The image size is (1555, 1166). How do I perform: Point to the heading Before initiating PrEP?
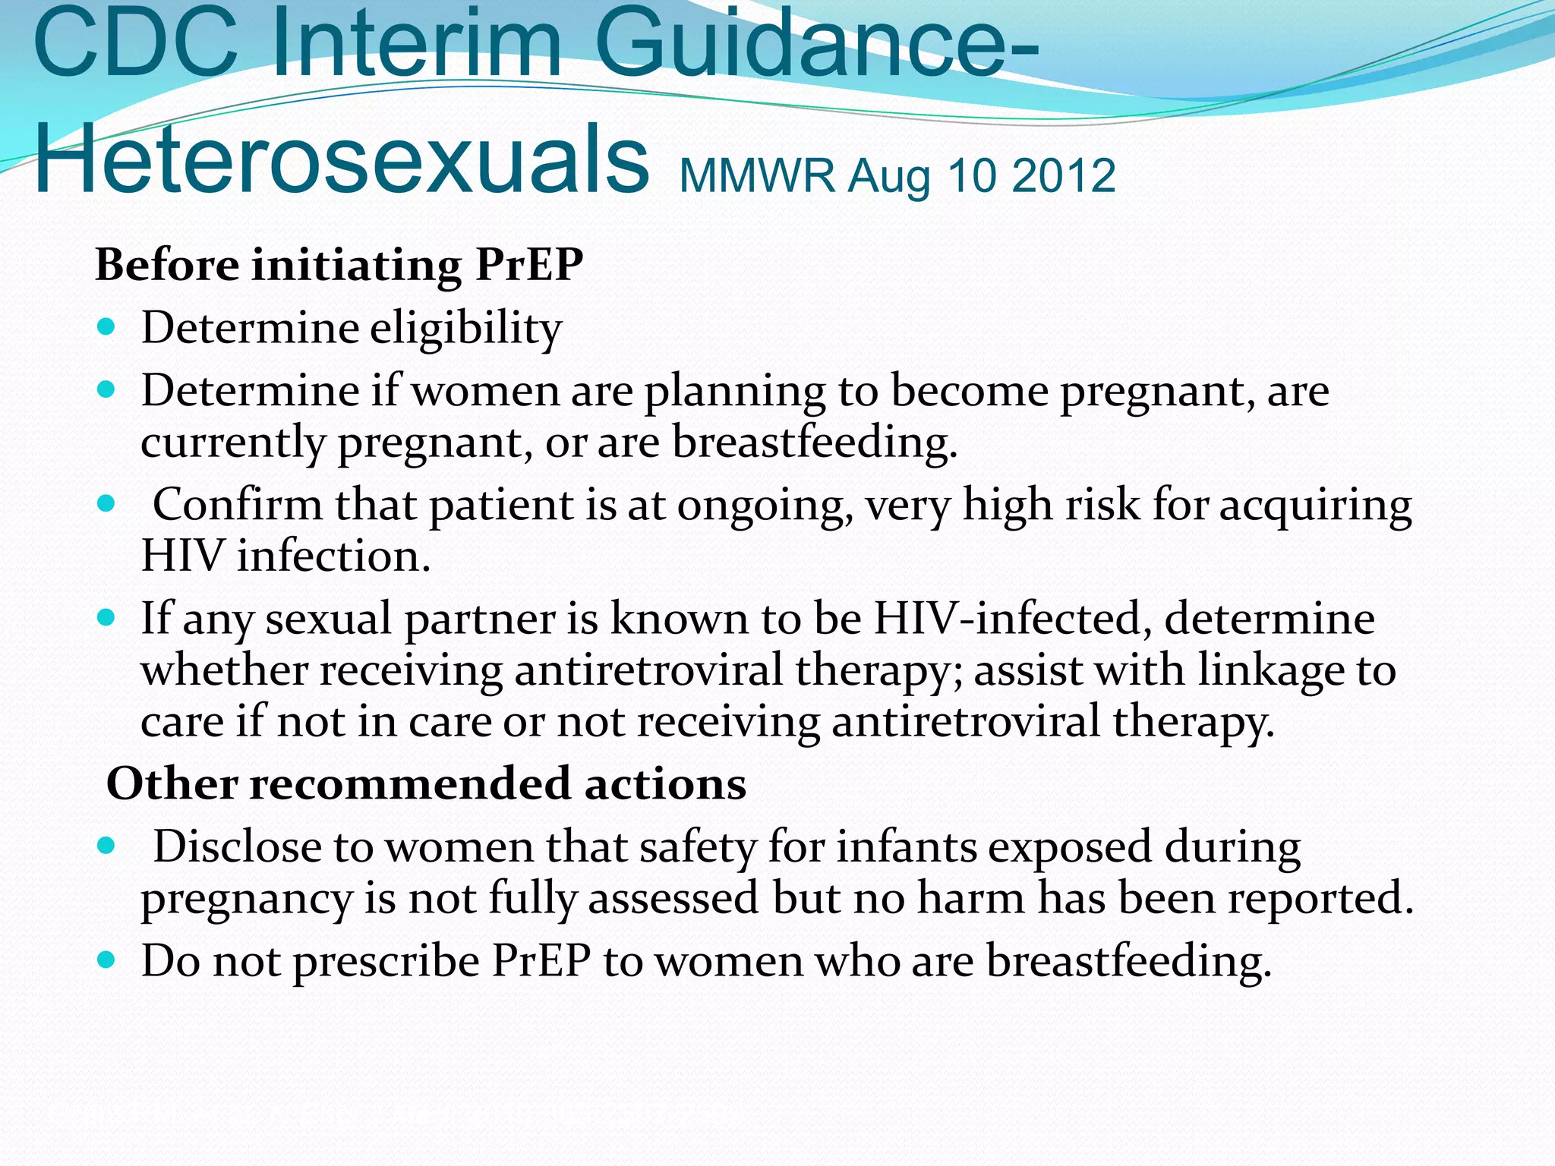coord(339,266)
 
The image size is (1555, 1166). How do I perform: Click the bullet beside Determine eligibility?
coord(106,328)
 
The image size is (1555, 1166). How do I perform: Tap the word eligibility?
coord(466,329)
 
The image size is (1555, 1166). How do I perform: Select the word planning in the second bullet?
coord(734,392)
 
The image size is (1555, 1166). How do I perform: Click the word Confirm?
coord(238,505)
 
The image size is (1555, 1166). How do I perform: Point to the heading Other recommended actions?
coord(426,784)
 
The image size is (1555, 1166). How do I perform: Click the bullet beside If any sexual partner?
coord(106,617)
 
